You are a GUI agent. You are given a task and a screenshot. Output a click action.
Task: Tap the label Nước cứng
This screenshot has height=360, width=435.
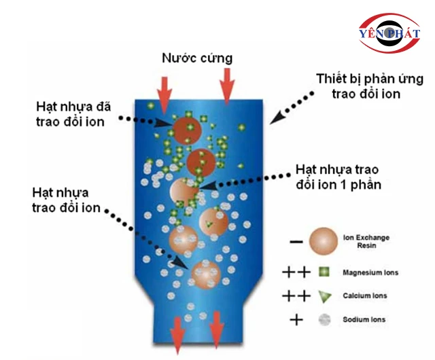[x=197, y=58]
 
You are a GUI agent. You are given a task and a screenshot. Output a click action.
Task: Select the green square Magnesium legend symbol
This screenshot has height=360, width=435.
[x=323, y=273]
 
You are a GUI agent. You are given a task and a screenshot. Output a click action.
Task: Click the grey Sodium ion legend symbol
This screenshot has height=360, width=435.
[x=323, y=319]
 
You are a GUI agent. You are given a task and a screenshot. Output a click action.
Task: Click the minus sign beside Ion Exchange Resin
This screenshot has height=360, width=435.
[x=296, y=241]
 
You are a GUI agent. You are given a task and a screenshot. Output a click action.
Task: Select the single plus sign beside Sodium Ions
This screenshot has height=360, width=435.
[x=296, y=319]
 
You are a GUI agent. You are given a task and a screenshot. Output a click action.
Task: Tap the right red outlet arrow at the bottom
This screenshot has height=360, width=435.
[x=216, y=331]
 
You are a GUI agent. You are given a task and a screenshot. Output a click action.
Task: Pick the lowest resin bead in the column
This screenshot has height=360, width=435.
[x=205, y=273]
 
